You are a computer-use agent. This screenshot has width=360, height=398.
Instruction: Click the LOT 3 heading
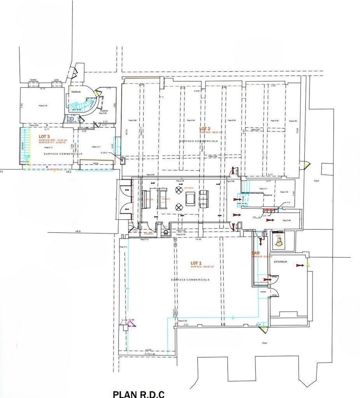point(45,136)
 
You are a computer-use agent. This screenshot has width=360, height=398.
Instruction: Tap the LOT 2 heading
point(205,129)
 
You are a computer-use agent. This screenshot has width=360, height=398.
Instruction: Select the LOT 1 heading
point(196,263)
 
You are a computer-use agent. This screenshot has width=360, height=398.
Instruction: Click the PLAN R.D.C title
point(139,394)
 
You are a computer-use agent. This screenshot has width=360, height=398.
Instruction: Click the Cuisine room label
point(103,111)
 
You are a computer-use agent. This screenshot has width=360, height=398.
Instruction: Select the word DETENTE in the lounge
point(189,188)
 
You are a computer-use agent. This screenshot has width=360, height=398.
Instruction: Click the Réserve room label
point(268,195)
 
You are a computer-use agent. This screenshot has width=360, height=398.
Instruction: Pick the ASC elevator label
point(278,236)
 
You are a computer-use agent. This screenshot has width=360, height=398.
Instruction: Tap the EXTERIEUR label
point(281,262)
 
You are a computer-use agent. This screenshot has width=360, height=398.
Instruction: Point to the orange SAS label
point(255,253)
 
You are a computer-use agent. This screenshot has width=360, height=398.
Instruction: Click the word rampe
point(263,292)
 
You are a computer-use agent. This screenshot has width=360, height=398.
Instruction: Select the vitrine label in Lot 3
point(96,164)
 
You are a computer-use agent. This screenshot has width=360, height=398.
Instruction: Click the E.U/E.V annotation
point(104,153)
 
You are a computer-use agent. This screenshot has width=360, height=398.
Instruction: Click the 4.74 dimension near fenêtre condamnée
point(43,89)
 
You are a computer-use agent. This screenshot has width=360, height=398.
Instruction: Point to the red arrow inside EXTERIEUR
point(299,265)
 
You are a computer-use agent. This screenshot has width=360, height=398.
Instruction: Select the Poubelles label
point(148,234)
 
